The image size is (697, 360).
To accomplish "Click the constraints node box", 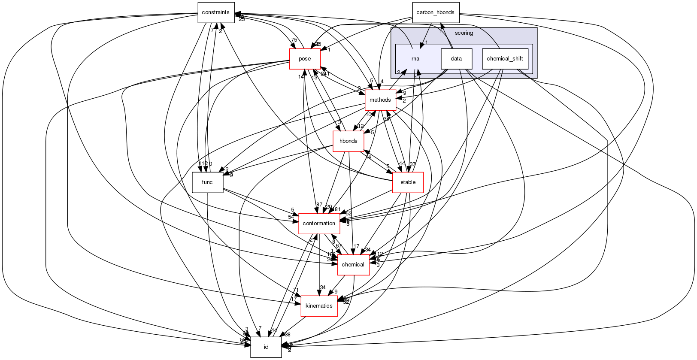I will point(216,12).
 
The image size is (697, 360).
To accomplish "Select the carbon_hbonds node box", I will point(435,12).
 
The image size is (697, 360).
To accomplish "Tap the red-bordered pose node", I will point(305,59).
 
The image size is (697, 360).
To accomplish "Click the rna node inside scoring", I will point(415,59).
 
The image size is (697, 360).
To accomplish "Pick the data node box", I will point(456,59).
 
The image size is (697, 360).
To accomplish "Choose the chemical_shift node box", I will point(505,59).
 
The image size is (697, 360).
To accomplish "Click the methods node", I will point(380,100).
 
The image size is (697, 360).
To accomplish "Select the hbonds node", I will point(348,141).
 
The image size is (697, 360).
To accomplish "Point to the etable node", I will point(408,182).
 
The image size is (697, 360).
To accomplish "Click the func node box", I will point(207,182).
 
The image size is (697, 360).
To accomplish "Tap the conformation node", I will point(319,224).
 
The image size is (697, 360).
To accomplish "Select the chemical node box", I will point(353,265).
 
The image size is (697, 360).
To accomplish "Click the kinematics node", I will point(319,306).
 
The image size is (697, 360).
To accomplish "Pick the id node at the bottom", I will point(266,347).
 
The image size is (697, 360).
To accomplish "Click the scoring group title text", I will point(464,33).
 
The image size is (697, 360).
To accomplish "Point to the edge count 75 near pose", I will point(294,40).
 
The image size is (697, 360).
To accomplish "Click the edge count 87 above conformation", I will point(319,205).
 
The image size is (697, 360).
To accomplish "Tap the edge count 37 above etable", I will point(413,164).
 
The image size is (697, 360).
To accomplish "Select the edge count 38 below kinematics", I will point(288,335).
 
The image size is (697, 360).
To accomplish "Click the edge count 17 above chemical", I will point(356,246).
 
